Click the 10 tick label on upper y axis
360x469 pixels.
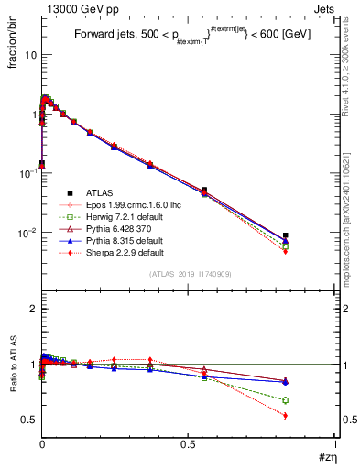[30, 55]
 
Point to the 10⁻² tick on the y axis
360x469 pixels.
[27, 234]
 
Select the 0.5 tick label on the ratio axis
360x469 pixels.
[29, 420]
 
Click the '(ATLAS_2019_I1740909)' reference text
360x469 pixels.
[190, 274]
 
